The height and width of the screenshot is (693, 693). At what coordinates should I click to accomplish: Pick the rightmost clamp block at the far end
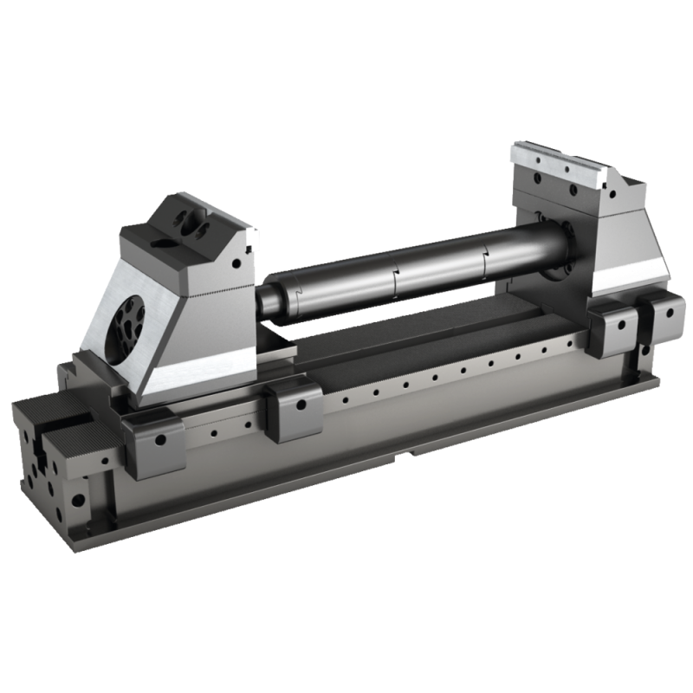click(x=663, y=321)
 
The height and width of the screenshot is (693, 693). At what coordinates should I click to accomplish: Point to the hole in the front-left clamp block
click(x=159, y=439)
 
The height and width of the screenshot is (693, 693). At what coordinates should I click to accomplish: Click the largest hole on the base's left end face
click(x=79, y=500)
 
